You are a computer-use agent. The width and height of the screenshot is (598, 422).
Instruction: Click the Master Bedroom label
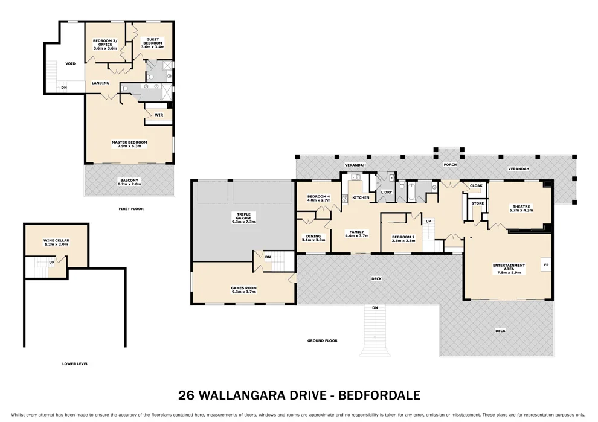129,144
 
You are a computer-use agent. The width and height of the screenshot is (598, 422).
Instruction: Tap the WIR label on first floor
159,114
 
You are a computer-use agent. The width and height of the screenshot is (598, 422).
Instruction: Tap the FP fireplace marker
546,264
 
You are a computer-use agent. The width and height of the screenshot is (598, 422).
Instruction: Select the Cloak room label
475,186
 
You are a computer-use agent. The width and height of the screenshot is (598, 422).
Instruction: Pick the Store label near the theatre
477,203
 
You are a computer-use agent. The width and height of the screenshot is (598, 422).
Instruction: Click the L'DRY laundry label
387,192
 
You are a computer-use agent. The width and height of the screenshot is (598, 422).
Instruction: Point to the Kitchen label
361,197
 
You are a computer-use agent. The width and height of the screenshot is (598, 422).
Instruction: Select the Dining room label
313,238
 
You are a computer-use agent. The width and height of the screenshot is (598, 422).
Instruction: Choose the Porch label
450,164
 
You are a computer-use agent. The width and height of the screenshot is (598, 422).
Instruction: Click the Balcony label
129,182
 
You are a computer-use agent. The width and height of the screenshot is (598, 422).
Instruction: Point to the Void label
70,63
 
